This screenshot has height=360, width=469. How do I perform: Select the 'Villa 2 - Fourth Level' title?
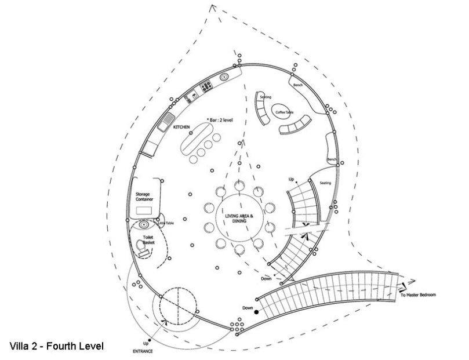[x=56, y=347]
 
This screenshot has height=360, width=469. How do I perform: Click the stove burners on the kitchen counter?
[x=205, y=88]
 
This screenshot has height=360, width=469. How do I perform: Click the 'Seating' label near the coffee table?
[x=265, y=97]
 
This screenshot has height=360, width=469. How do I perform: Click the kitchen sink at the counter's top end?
[x=223, y=75]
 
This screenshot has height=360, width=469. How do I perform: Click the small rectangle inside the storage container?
[x=144, y=209]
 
